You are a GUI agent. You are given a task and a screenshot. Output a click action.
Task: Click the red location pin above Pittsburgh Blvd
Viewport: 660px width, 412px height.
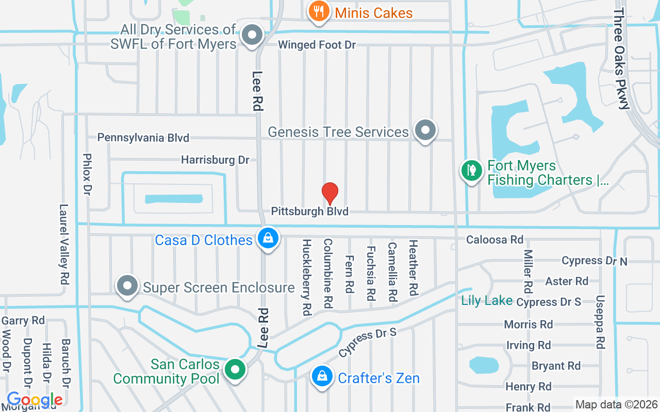pos(330,193)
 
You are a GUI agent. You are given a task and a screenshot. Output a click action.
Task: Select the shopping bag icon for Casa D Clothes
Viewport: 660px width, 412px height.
pos(269,238)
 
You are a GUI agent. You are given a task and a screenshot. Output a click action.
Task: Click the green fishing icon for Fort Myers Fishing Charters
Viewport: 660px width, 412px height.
pos(471,170)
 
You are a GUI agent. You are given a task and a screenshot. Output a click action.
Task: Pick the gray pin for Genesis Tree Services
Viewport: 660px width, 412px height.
pos(425,130)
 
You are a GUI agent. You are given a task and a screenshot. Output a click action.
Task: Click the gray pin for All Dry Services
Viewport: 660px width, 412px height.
pos(253,35)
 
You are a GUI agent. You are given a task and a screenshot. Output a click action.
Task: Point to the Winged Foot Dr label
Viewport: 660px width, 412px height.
pos(317,45)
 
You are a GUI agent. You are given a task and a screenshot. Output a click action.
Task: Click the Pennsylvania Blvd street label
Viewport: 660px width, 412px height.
pos(143,138)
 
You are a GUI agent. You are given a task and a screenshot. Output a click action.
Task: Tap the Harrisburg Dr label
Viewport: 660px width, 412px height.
pos(215,160)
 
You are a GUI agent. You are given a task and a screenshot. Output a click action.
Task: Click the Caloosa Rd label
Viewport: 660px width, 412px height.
pos(494,239)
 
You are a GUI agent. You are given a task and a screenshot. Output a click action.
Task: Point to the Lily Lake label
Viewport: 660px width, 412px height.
pos(487,301)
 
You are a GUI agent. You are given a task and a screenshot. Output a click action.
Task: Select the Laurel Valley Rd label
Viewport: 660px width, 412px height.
pos(64,245)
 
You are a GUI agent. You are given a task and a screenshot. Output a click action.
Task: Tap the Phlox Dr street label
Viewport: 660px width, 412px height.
pos(87,174)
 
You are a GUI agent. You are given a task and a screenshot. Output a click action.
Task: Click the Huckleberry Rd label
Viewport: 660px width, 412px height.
pos(307,277)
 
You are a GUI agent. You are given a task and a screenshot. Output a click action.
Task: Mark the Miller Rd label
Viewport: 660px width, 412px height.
pos(527,271)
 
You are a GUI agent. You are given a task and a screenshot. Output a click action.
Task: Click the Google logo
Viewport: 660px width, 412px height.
pos(35,400)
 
